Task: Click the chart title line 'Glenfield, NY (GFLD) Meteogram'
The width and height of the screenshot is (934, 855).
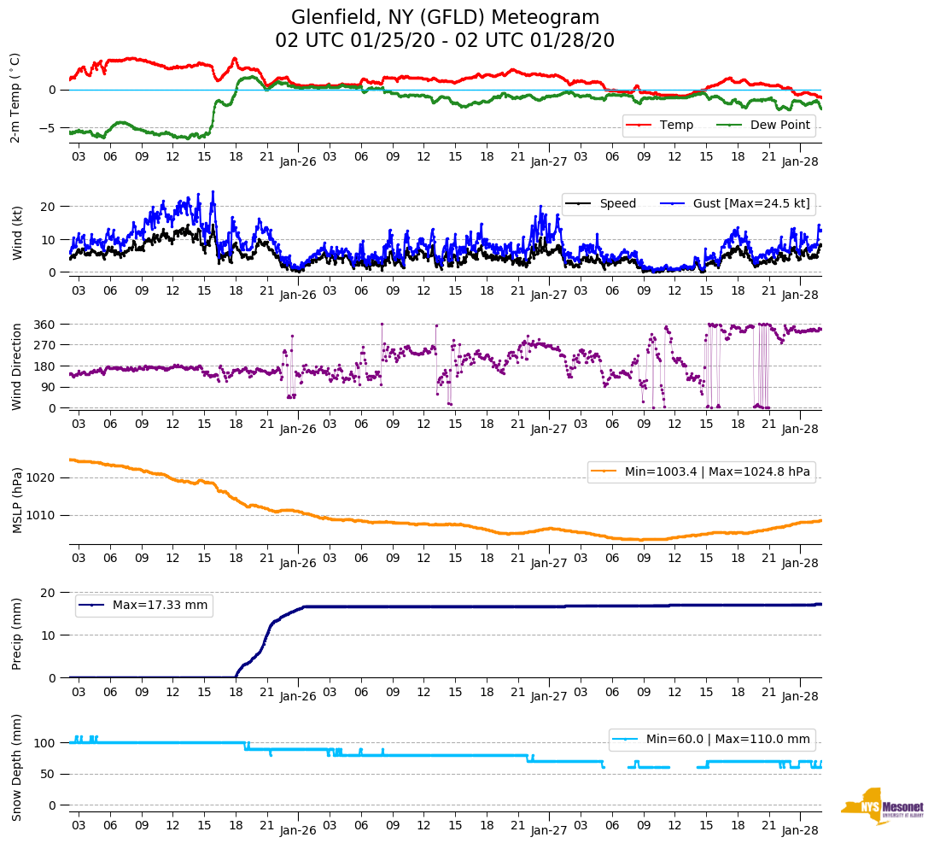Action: point(445,18)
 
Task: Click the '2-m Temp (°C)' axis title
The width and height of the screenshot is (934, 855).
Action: point(15,97)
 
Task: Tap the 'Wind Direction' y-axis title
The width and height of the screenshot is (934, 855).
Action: point(16,366)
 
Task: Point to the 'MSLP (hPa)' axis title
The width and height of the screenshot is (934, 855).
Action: point(16,501)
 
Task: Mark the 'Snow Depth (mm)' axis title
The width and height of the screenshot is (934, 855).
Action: point(16,767)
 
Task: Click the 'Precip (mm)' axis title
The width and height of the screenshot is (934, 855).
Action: point(16,634)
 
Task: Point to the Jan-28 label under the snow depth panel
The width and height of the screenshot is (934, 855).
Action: point(800,830)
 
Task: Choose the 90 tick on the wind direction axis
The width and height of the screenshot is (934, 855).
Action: point(50,388)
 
